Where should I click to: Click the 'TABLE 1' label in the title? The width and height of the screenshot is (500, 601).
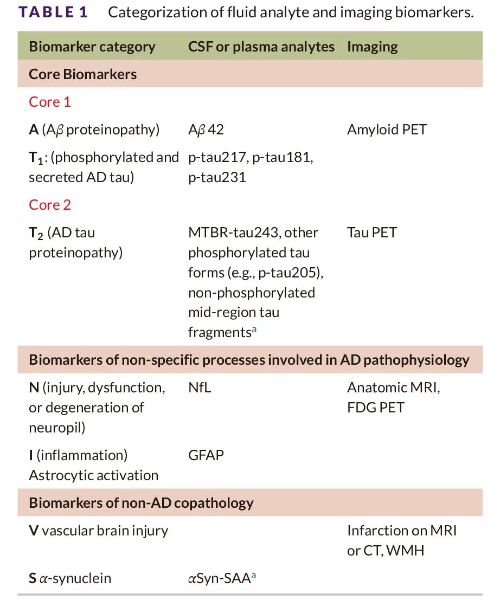coord(53,12)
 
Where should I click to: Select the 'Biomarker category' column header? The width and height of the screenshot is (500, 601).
coord(92,47)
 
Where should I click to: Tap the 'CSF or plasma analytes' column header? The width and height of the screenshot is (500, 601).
coord(261,47)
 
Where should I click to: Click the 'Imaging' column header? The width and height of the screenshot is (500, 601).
coord(372,47)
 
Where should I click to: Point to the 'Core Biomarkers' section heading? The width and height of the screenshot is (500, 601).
coord(82,74)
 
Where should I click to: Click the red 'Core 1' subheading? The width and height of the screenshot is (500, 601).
coord(50,102)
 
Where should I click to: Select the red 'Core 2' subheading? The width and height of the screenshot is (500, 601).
coord(50,205)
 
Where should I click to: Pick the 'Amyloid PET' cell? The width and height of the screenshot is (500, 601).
coord(387,130)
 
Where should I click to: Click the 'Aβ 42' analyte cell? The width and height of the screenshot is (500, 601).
coord(206,130)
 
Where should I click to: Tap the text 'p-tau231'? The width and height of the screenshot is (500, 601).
coord(217,177)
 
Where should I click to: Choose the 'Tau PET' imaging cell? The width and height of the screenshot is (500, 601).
coord(371,232)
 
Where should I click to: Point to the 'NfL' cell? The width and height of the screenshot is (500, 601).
coord(200,387)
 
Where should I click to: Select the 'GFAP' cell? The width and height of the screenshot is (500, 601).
coord(206,455)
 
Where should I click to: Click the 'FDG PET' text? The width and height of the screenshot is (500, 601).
coord(375,408)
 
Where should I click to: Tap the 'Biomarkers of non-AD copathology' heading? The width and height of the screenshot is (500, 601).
coord(141,503)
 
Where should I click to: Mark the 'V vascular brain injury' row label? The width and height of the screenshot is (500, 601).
coord(98,531)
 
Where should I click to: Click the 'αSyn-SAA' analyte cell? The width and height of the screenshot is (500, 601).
coord(219,578)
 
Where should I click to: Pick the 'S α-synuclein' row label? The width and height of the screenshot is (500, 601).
coord(69,578)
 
